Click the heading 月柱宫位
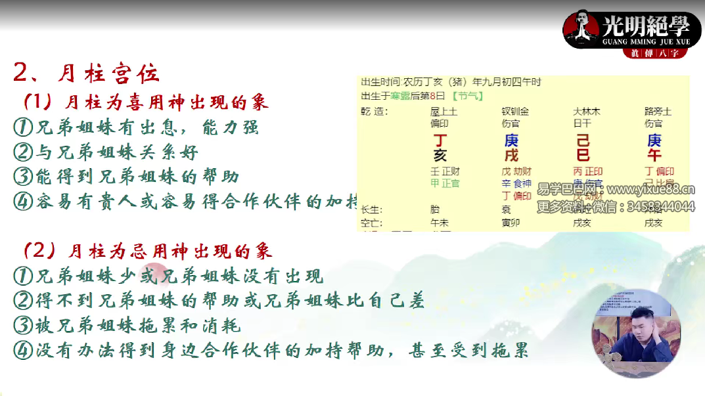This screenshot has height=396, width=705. click(108, 73)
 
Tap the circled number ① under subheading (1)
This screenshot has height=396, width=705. click(23, 127)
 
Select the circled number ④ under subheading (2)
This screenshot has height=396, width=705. click(23, 350)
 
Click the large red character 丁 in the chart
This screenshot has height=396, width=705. click(440, 141)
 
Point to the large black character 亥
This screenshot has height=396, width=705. click(440, 156)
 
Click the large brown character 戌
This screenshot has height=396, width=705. click(511, 156)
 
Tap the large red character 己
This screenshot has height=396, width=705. click(583, 141)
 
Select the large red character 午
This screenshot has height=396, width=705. click(654, 156)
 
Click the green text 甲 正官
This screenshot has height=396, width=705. click(445, 183)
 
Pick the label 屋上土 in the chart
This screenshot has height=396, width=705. click(443, 112)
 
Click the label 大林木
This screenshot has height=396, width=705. click(587, 112)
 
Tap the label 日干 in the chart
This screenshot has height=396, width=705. click(582, 123)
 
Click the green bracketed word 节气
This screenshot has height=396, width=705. click(469, 95)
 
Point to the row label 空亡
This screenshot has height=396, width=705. click(371, 223)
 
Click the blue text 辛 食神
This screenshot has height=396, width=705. click(516, 183)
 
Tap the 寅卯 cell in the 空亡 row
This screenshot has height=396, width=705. click(511, 223)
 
